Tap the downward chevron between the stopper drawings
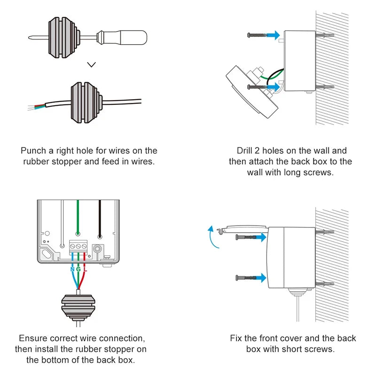(x=92, y=64)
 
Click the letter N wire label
(x=72, y=269)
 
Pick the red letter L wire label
(x=85, y=269)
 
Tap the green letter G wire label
(x=78, y=269)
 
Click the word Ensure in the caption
(x=33, y=338)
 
